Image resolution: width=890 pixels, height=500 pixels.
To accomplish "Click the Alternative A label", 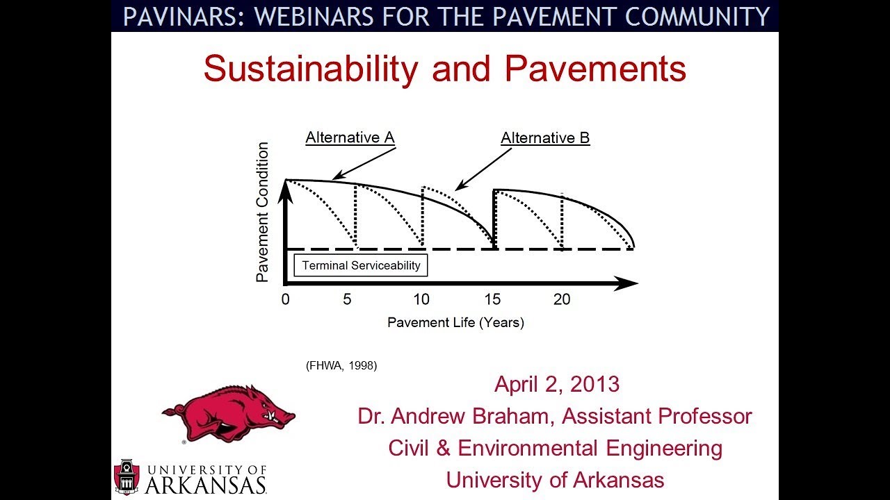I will (350, 137).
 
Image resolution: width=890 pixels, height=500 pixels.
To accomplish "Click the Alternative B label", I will (545, 138).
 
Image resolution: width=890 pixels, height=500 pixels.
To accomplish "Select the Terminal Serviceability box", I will (361, 266).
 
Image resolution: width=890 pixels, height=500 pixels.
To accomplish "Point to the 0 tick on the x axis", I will (285, 300).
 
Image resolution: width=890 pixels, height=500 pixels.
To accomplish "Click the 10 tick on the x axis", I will (421, 300).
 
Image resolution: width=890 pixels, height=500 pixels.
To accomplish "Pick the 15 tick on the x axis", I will (492, 300).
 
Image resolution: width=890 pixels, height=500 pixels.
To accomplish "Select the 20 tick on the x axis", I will (562, 300).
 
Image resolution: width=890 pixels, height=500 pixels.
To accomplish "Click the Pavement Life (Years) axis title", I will (455, 322).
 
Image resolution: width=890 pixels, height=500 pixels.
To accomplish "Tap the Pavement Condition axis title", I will (262, 212).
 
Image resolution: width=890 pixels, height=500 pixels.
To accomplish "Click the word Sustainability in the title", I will (311, 69).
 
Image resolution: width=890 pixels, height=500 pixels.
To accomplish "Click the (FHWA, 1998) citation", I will (341, 365).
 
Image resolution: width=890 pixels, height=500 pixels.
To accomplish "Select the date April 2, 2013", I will (556, 384).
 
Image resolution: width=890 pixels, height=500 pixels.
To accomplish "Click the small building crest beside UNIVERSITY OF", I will (126, 477).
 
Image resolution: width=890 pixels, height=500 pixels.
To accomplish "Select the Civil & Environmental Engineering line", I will (555, 448).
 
